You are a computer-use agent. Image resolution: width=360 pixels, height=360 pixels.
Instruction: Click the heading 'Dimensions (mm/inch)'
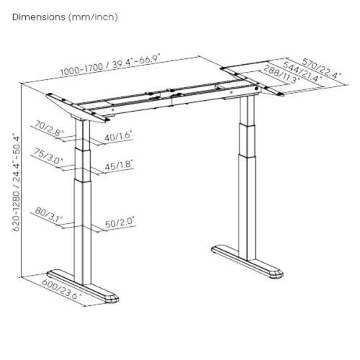65,17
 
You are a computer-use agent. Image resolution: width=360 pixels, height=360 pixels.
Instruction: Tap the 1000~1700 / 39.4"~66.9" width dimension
110,65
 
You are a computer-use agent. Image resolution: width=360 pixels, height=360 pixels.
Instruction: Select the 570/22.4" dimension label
322,68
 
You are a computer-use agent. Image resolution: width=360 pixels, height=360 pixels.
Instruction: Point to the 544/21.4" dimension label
302,71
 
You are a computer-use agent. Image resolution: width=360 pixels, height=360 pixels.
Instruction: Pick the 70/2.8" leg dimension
50,128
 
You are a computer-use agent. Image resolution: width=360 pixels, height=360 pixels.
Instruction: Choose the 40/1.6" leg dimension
119,136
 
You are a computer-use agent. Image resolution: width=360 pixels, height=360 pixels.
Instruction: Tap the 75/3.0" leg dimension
49,156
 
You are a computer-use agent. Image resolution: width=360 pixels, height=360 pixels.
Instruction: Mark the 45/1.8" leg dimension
119,165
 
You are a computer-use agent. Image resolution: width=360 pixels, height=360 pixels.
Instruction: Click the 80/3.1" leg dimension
49,215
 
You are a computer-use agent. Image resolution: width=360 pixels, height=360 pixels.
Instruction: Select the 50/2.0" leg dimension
120,222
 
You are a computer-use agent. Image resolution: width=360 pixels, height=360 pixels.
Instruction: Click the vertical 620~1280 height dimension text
17,183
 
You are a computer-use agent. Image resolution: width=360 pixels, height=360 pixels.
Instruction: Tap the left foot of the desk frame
83,285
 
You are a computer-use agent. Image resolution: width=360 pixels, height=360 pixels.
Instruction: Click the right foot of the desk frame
248,261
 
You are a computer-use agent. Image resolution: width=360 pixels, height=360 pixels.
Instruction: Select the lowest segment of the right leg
246,207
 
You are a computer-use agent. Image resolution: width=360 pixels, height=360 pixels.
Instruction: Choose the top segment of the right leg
247,111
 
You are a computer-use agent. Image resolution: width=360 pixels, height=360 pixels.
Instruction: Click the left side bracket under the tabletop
76,108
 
